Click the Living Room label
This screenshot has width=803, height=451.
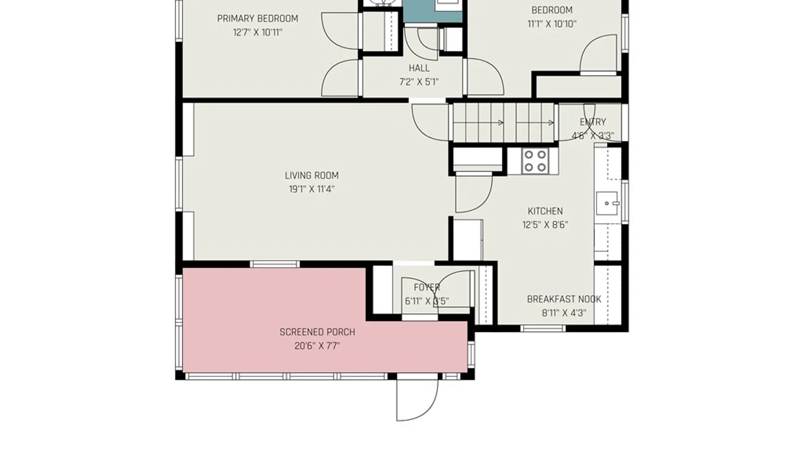tap(312, 175)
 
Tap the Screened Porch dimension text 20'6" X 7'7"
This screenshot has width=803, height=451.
tap(317, 346)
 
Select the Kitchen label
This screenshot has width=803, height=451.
tap(545, 211)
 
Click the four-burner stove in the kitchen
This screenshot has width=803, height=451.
tap(535, 161)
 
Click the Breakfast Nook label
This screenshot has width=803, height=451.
tap(564, 299)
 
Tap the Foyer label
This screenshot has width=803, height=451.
tap(427, 287)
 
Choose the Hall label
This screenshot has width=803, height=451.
tap(419, 68)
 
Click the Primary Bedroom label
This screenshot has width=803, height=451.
tap(258, 18)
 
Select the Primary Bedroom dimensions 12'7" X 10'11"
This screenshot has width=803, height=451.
tap(258, 32)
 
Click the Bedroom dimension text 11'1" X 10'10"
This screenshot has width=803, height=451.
tap(552, 24)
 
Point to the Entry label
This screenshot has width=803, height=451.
tap(593, 122)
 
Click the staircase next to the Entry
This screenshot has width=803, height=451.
tap(504, 123)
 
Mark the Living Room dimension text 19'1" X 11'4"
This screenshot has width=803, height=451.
tap(312, 189)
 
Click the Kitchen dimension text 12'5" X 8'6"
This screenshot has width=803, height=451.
tap(545, 225)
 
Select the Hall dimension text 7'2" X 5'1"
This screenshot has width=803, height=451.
tap(419, 82)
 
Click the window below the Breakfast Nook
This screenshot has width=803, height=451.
tap(542, 329)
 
